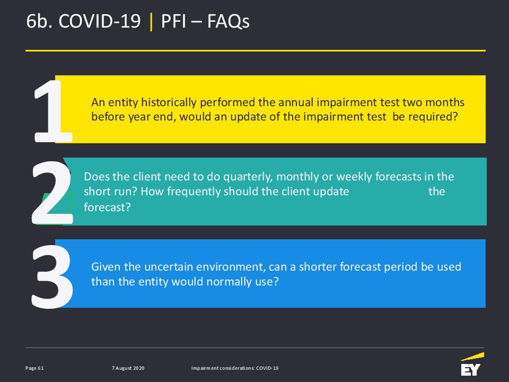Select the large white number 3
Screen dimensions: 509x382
click(52, 277)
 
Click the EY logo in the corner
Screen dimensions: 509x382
click(472, 364)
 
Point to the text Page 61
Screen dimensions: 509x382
click(34, 368)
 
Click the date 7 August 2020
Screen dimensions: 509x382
click(128, 368)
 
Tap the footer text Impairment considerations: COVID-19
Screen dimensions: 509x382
click(235, 368)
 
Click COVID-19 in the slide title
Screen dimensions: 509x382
click(99, 21)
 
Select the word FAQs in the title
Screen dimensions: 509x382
click(228, 21)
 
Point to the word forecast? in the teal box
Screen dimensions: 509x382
click(107, 207)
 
